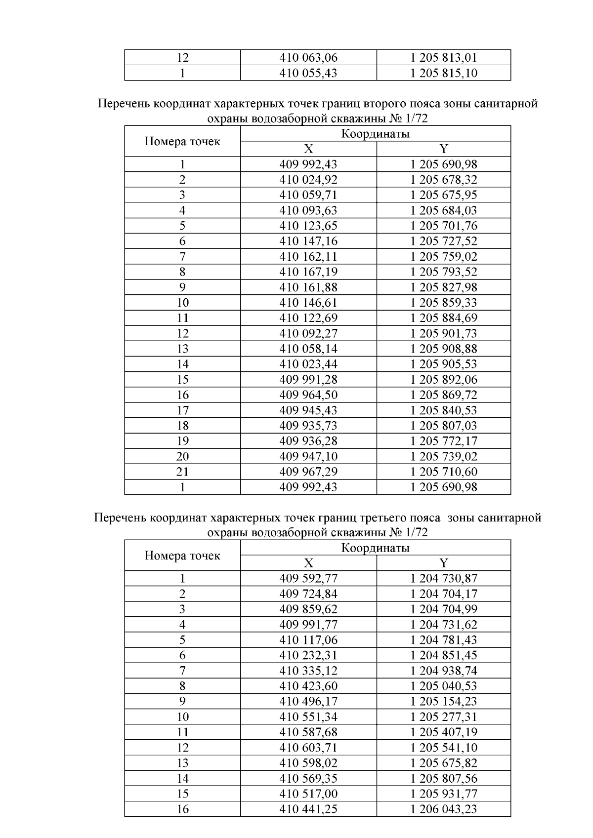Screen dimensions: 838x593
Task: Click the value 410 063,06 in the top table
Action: tap(308, 58)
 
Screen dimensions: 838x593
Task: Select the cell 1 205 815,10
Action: tap(443, 73)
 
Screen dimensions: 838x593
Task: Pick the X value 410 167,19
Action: tap(308, 272)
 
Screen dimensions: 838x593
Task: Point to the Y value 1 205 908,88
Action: tap(443, 349)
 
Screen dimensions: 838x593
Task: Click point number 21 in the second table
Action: tap(182, 472)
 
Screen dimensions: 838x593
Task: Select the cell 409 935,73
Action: tap(308, 426)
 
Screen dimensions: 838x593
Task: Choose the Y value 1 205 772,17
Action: tap(443, 441)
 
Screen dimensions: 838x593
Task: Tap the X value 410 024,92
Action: tap(308, 180)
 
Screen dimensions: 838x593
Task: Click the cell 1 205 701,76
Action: tap(443, 226)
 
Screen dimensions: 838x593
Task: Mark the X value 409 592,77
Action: tap(308, 578)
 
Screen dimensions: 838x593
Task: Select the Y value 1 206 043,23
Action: tap(443, 809)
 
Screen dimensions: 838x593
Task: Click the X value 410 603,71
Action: tap(308, 748)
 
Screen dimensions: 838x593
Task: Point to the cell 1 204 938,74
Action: tap(443, 671)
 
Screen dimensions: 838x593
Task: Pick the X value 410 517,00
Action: tap(308, 794)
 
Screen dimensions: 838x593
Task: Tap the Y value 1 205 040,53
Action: tap(443, 686)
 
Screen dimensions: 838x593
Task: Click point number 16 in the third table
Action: tap(182, 809)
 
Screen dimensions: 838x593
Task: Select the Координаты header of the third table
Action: tap(375, 548)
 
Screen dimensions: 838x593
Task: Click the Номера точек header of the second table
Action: tap(182, 142)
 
